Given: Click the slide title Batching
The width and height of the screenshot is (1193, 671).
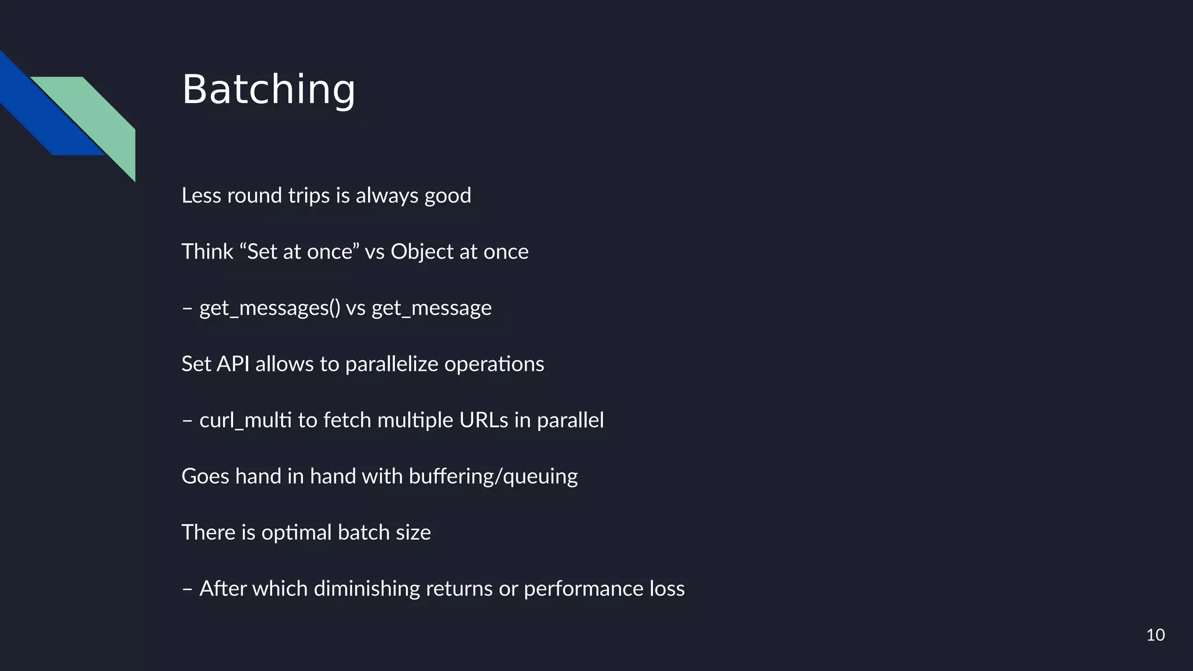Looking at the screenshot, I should (269, 90).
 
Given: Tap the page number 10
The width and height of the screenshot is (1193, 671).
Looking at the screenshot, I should (1155, 635).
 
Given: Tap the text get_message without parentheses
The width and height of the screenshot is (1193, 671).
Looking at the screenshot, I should (431, 308).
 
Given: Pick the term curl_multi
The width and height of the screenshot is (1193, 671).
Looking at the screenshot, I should (245, 421).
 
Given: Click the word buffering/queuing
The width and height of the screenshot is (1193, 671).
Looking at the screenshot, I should (493, 476).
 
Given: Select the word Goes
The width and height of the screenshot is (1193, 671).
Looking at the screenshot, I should (205, 476).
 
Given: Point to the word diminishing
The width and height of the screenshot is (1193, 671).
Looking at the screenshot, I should (366, 589).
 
